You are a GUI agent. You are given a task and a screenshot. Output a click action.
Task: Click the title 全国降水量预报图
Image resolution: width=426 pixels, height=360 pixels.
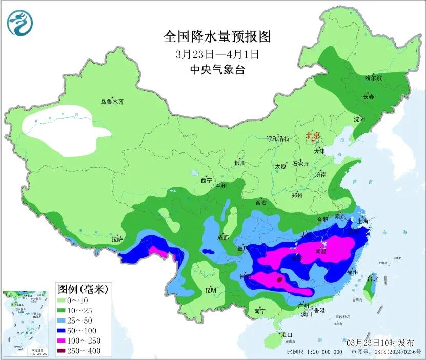click(x=217, y=36)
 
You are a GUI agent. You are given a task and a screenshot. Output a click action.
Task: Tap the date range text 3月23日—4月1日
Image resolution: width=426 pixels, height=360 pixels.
click(x=217, y=54)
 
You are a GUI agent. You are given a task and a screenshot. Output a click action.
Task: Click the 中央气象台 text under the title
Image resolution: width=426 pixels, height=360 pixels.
click(x=217, y=70)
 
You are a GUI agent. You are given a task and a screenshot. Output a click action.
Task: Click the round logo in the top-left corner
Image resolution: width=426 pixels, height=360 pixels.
click(x=20, y=23)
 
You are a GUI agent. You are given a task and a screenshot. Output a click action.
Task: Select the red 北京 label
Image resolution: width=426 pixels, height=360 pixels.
click(x=313, y=136)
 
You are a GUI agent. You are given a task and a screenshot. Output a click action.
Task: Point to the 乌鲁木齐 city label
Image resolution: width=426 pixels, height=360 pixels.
click(x=112, y=102)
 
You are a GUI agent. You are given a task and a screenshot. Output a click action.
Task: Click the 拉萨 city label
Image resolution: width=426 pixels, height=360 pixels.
click(x=117, y=238)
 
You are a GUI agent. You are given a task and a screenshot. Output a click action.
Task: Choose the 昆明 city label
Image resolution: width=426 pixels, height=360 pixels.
click(x=211, y=290)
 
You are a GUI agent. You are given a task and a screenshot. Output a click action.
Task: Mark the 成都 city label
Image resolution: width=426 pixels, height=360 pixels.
click(x=222, y=237)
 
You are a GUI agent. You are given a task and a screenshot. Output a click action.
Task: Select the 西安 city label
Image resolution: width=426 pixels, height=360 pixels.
click(x=261, y=203)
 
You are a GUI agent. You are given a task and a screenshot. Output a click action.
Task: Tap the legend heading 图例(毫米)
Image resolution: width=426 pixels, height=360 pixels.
click(x=83, y=289)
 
